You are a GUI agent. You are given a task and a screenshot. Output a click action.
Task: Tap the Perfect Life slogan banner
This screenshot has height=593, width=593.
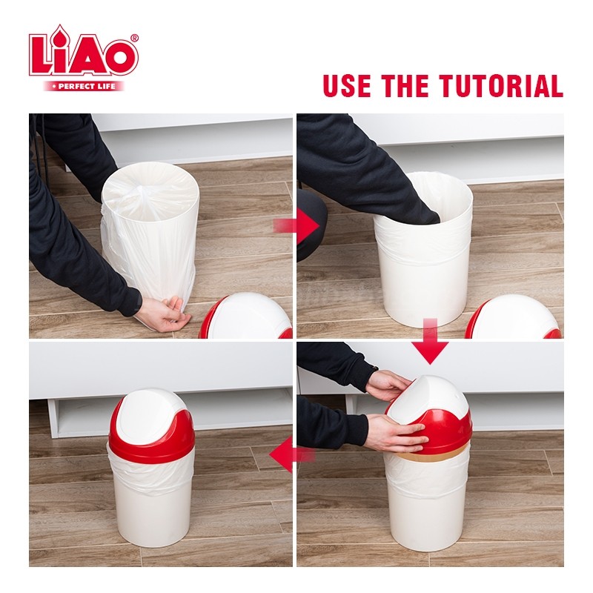click(x=84, y=86)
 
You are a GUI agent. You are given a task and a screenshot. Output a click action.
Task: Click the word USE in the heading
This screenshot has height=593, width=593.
click(x=347, y=86)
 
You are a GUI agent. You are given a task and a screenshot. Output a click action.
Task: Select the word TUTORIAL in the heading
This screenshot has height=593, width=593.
click(x=501, y=86)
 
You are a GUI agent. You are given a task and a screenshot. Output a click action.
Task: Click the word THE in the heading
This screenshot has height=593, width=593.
click(x=405, y=86)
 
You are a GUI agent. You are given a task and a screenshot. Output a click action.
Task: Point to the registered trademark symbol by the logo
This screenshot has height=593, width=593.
click(x=134, y=39)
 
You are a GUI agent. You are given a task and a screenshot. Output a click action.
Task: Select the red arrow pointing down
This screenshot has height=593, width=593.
click(x=430, y=341)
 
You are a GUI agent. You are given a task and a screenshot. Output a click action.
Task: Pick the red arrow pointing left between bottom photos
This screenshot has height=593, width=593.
click(x=292, y=454)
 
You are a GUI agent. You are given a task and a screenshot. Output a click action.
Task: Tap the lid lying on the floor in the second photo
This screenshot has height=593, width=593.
click(x=513, y=318)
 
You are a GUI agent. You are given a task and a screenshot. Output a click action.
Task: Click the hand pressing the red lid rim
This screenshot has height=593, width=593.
click(x=398, y=432)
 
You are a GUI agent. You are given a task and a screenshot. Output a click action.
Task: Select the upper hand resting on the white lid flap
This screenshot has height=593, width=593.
click(x=388, y=385)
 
